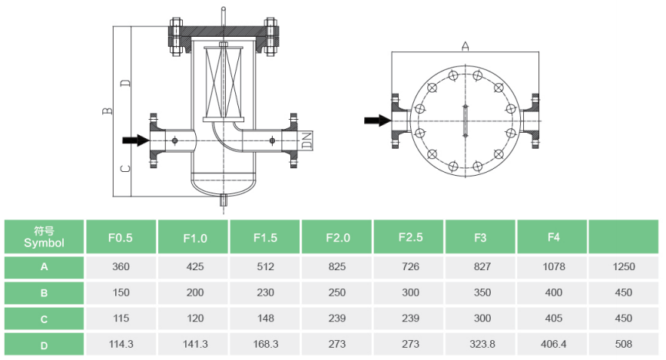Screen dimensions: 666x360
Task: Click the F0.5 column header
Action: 121,237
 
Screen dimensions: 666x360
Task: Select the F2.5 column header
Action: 410,237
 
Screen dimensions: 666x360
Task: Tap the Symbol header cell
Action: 45,237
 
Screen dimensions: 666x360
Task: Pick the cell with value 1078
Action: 553,266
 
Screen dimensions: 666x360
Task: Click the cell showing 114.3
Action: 121,344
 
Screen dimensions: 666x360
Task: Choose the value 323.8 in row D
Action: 482,344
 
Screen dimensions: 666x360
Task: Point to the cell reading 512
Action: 266,266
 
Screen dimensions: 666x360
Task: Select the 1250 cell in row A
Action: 624,266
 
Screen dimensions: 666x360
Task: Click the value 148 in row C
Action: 266,318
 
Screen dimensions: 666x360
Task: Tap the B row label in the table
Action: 45,293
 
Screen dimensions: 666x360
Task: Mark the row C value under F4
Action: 553,318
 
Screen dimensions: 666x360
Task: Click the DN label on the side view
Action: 306,140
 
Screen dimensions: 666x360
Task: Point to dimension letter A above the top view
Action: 465,46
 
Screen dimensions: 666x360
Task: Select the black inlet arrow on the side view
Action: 136,140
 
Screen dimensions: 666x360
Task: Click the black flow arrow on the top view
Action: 378,121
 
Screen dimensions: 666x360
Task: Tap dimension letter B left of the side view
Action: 108,111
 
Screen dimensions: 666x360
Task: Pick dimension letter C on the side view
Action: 125,169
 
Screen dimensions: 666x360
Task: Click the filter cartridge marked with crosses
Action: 224,82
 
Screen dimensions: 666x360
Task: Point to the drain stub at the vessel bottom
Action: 224,199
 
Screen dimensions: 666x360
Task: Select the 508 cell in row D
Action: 624,344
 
